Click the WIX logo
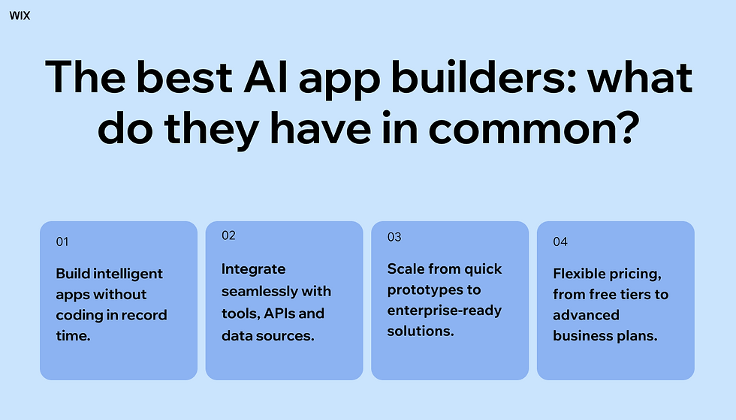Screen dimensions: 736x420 tap(20, 16)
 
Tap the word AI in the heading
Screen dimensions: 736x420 tap(266, 76)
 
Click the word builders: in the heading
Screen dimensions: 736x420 tap(484, 76)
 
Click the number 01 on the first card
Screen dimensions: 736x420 tap(62, 241)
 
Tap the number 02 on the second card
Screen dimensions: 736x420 tap(228, 235)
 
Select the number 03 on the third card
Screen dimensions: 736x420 tap(394, 237)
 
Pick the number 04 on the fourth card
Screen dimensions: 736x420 tap(560, 241)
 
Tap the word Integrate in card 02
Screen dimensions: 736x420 tap(254, 269)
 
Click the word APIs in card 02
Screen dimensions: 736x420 tap(279, 313)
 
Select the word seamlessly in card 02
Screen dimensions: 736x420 tap(260, 291)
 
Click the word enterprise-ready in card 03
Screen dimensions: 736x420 tap(445, 310)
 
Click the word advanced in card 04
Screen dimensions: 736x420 tap(587, 314)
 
